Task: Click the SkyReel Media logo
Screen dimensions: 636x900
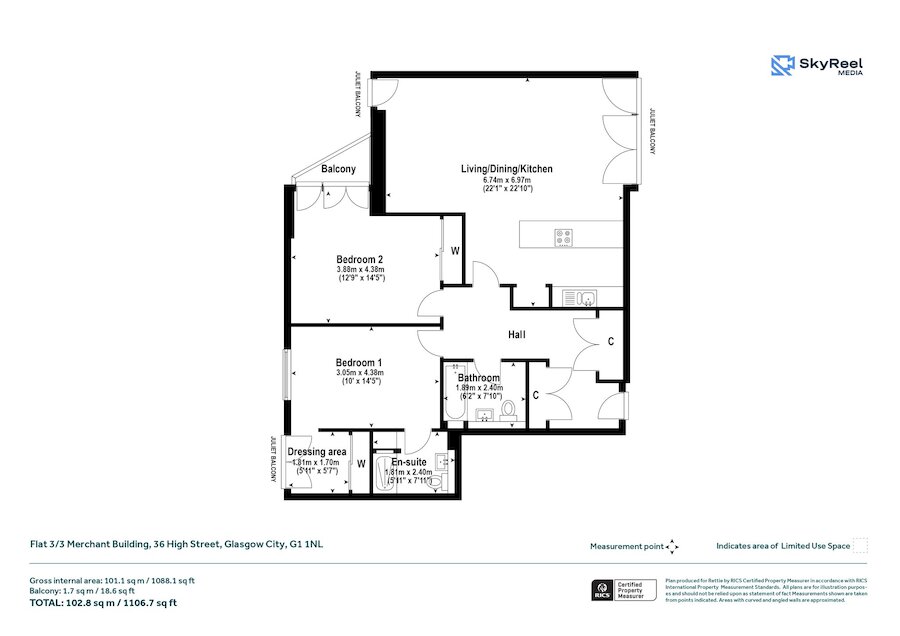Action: (817, 66)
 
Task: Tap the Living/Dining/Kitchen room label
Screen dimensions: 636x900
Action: (506, 169)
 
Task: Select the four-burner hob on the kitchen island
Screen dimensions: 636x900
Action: (563, 238)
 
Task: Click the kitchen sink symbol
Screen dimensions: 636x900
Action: (578, 297)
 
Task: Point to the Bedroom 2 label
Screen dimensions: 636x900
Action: (360, 259)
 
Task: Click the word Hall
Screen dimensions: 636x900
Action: (516, 335)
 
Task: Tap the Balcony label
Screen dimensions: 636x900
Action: (338, 170)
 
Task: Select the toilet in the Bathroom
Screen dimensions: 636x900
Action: (509, 409)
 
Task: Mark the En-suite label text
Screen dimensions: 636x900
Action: (409, 463)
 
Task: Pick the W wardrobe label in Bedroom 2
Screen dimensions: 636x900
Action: (454, 250)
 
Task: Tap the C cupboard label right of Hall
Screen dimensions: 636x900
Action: (610, 341)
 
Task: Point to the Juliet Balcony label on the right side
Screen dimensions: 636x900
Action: (651, 130)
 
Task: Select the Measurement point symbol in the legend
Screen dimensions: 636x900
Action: (673, 546)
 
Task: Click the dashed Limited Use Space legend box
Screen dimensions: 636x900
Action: (860, 546)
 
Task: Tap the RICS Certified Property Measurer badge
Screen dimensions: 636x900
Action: (625, 591)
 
